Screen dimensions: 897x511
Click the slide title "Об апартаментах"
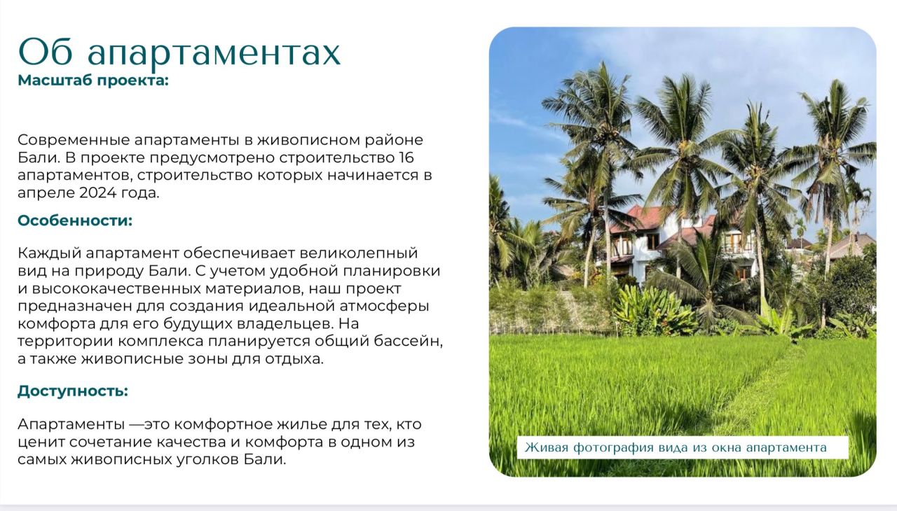[x=179, y=52]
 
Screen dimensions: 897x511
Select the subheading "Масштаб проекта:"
[x=93, y=80]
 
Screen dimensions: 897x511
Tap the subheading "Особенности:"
[x=75, y=220]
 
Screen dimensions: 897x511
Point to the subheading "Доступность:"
[x=73, y=391]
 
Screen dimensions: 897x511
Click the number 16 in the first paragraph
[x=406, y=157]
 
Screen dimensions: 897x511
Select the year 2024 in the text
[x=97, y=192]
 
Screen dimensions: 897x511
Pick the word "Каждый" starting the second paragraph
[x=49, y=253]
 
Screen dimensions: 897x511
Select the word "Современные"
[x=74, y=140]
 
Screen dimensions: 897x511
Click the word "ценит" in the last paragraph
[x=41, y=442]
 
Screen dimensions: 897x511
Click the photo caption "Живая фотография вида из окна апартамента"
[x=676, y=447]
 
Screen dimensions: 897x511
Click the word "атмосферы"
[x=385, y=307]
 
